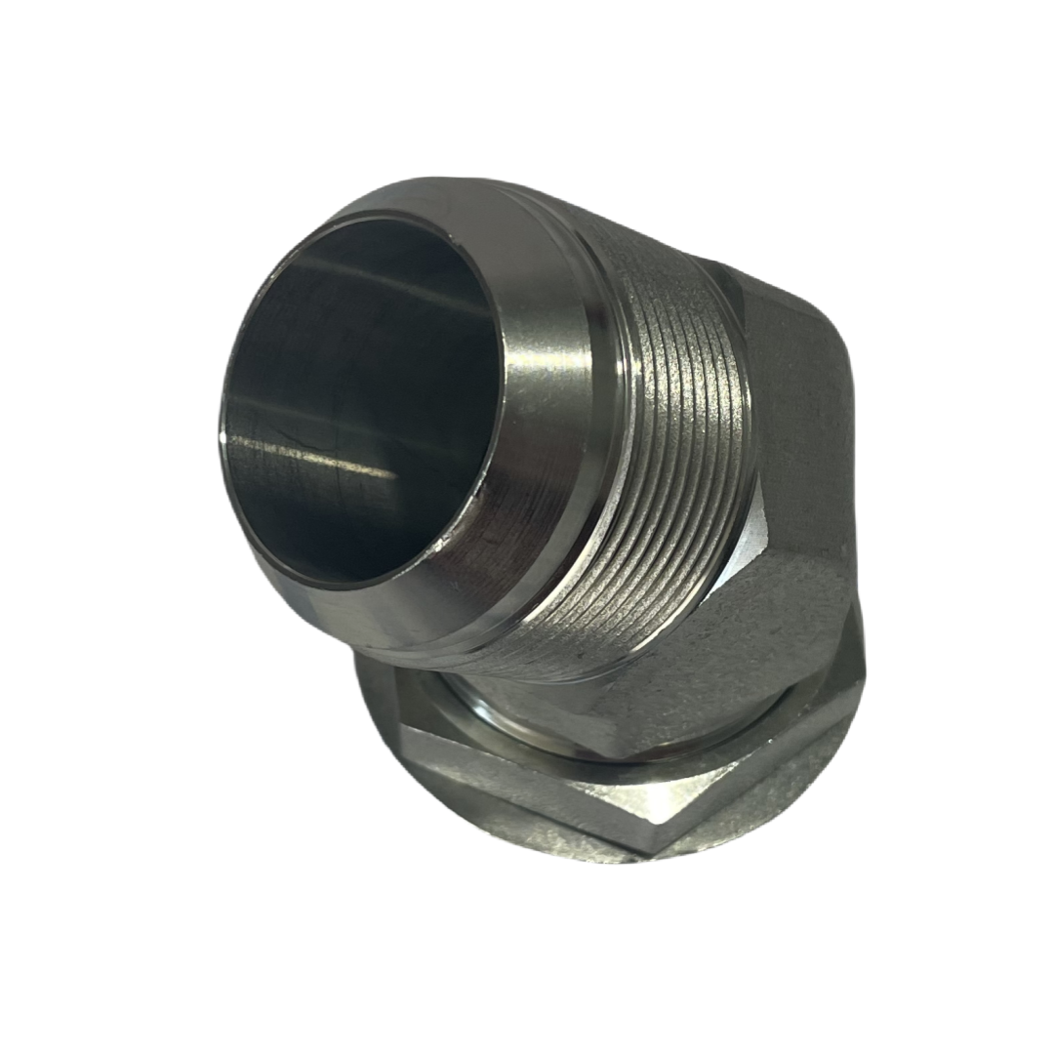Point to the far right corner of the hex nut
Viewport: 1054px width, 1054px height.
coord(865,673)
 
